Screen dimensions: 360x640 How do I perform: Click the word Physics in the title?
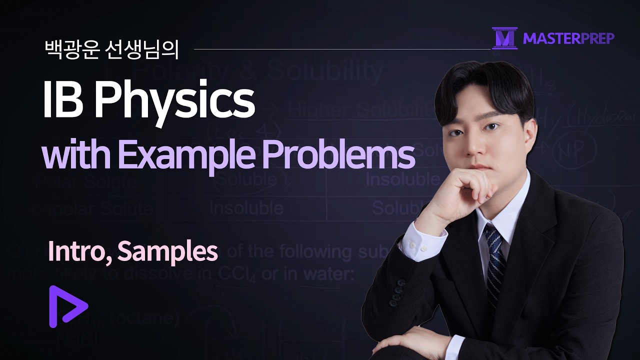(x=174, y=101)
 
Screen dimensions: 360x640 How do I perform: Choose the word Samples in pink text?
(x=167, y=253)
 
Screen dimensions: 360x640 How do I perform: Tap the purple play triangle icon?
(x=67, y=306)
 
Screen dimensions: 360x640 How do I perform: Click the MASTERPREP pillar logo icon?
(x=504, y=38)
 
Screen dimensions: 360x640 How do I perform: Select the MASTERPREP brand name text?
(x=569, y=38)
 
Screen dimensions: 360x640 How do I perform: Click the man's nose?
(x=474, y=140)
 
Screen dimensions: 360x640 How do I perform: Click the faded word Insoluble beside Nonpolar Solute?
(x=246, y=207)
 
